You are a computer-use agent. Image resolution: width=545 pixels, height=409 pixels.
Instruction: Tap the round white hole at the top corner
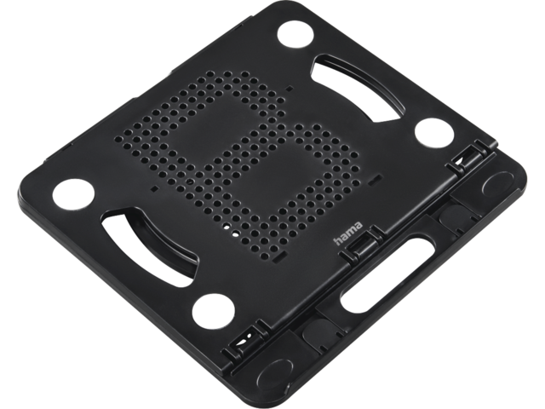point(295,36)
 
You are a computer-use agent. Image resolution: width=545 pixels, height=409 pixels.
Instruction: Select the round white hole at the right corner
point(435,133)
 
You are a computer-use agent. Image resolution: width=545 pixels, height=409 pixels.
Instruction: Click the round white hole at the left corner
point(74,195)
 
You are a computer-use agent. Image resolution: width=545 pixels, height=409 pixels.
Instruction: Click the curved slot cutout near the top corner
point(361,87)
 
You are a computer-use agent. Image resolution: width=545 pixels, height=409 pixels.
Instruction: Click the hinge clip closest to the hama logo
point(361,243)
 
